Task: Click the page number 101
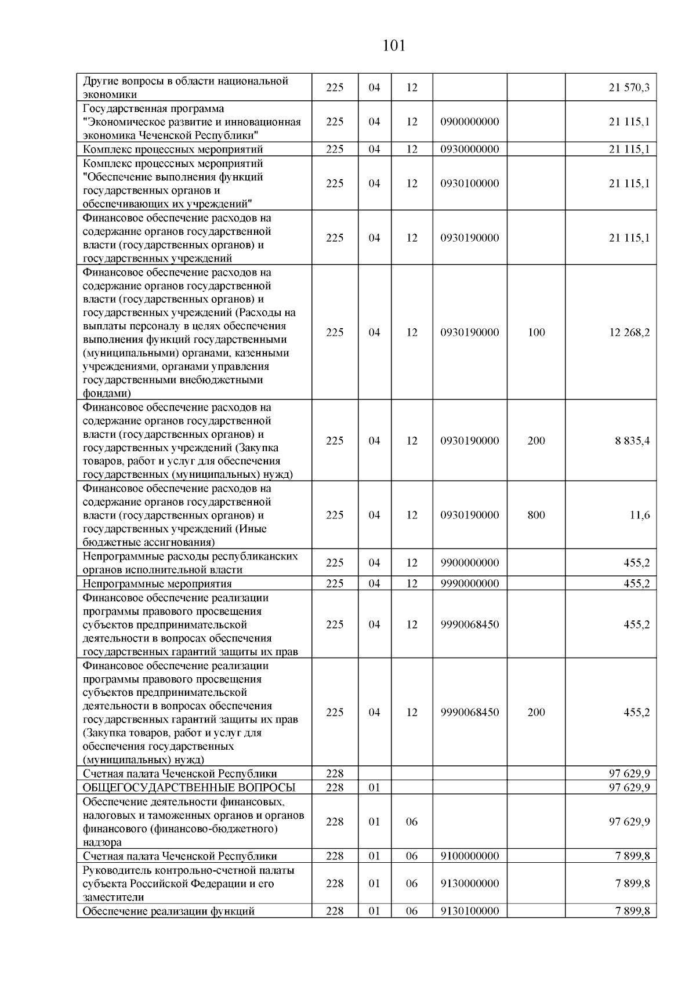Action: click(394, 46)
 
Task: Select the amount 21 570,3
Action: click(629, 88)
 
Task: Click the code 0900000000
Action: click(469, 122)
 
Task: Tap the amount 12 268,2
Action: click(629, 332)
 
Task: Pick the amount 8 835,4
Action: click(632, 441)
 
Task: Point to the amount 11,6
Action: click(640, 515)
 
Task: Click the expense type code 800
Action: click(536, 515)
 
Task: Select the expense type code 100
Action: click(536, 332)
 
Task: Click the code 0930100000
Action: click(469, 183)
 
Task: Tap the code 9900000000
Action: click(469, 562)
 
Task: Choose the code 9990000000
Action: click(469, 583)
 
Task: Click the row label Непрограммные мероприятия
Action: click(157, 584)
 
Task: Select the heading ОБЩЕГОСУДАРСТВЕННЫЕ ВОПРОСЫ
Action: click(189, 787)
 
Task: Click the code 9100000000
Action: click(469, 856)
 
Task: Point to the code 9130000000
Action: click(469, 883)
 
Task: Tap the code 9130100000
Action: click(469, 911)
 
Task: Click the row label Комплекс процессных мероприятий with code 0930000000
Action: click(173, 150)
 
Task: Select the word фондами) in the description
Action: click(107, 394)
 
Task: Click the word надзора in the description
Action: click(102, 843)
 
